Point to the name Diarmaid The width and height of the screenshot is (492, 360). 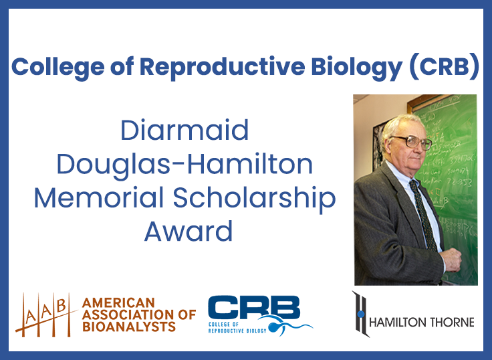(184, 130)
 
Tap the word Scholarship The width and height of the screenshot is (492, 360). (253, 198)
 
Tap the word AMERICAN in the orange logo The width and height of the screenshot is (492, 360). (118, 302)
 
